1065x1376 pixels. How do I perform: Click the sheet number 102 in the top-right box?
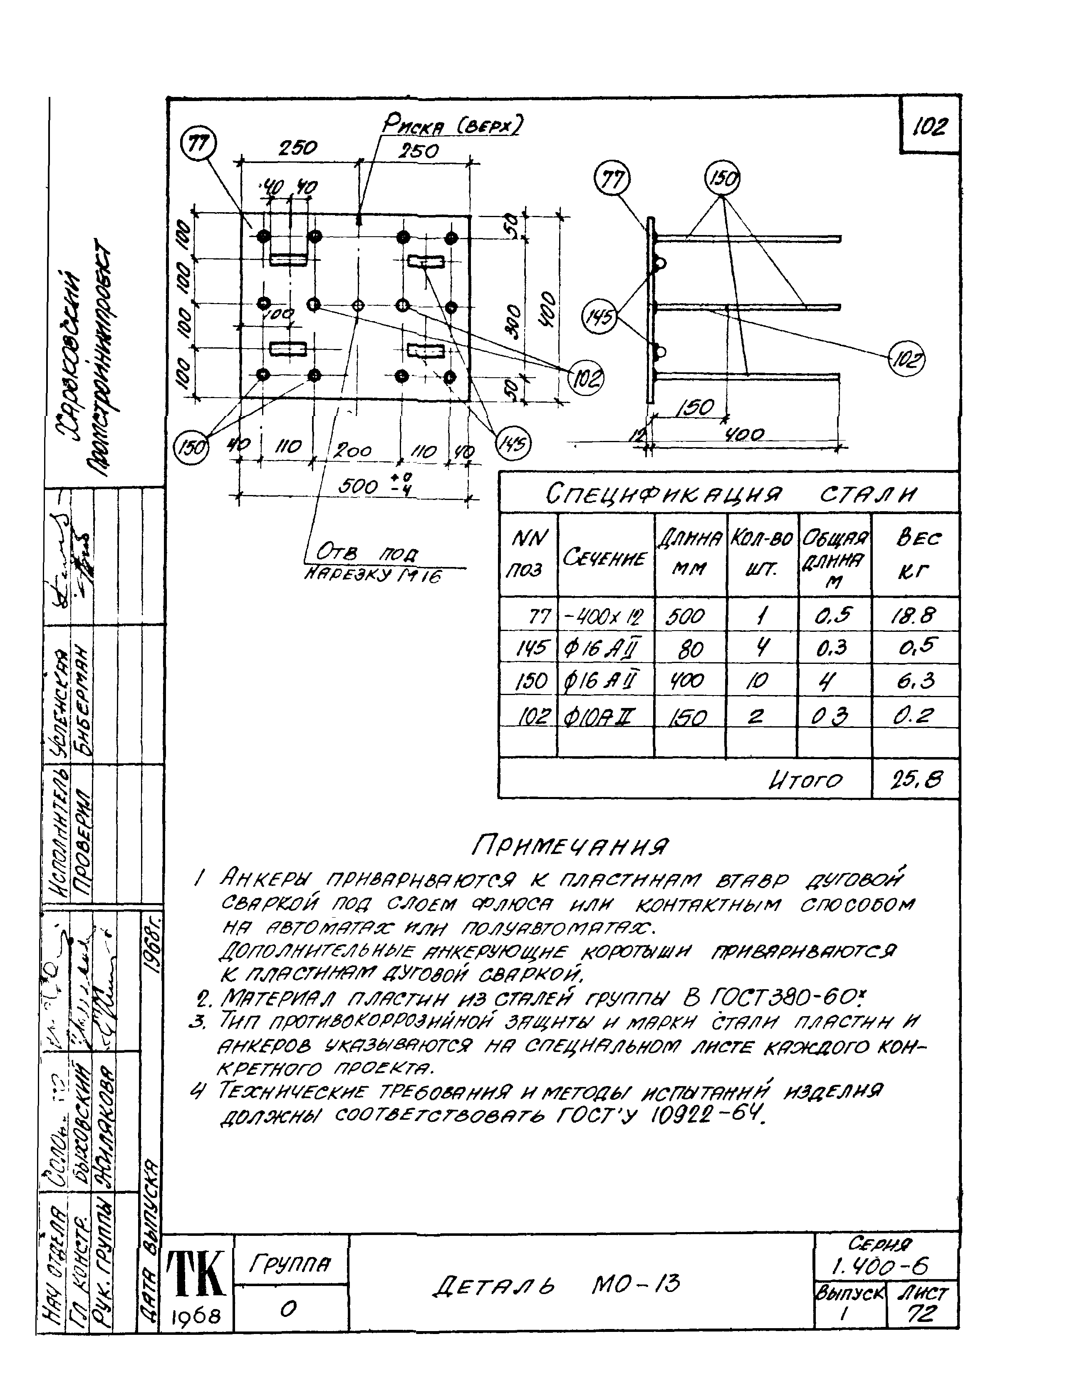tap(929, 128)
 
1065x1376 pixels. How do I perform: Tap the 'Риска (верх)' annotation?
tap(453, 126)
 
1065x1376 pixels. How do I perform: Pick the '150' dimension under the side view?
tap(694, 408)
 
